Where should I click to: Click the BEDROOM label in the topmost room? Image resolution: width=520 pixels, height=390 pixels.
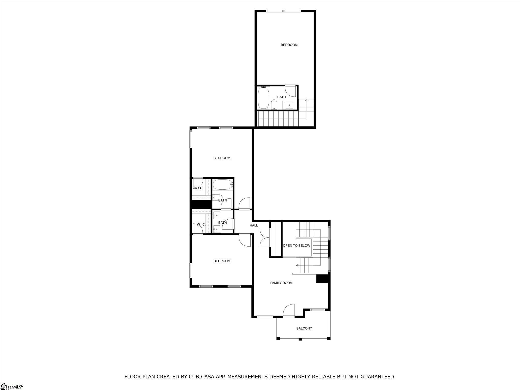coord(289,45)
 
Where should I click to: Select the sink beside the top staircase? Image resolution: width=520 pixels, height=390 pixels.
coord(289,105)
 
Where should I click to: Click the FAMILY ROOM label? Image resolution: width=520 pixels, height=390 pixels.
coord(281,283)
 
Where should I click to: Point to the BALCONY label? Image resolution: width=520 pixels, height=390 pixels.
coord(304,328)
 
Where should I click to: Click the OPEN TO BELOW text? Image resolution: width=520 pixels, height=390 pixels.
coord(297,246)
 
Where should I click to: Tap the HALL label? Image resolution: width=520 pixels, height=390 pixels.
coord(254,225)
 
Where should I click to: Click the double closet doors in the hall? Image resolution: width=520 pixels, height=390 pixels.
coord(264,237)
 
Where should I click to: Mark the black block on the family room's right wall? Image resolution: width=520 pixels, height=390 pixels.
coord(323,279)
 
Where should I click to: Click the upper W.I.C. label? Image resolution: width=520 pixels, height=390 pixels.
coord(199,188)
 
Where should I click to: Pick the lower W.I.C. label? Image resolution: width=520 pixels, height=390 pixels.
coord(201,225)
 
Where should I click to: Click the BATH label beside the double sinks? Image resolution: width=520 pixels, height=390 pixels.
coord(222,223)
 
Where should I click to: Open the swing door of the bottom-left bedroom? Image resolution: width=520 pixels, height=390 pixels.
coord(245,240)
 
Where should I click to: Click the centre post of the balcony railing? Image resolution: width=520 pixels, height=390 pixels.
coord(300,339)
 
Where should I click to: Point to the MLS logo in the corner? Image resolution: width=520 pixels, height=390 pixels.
coord(12,387)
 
